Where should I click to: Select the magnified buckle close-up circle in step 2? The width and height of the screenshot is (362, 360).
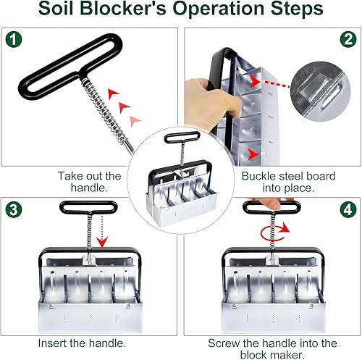coord(322,95)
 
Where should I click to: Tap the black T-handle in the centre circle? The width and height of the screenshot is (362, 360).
coord(182,137)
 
